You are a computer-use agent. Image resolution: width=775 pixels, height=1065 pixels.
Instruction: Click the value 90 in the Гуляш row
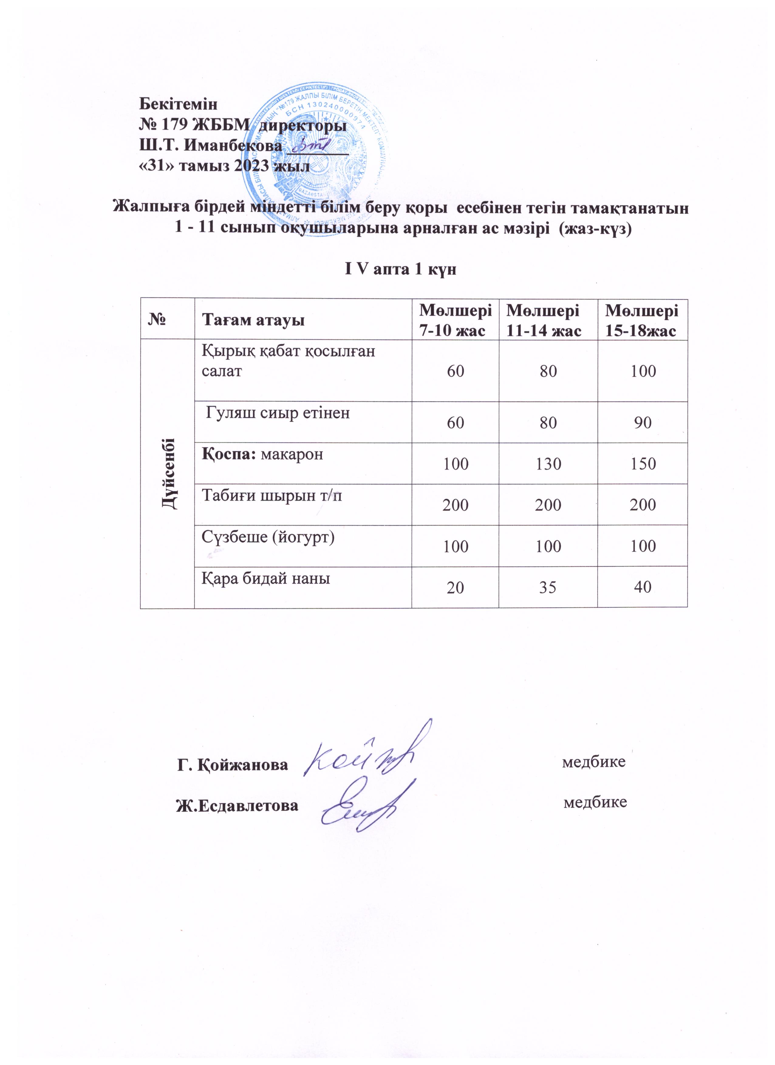[643, 423]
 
